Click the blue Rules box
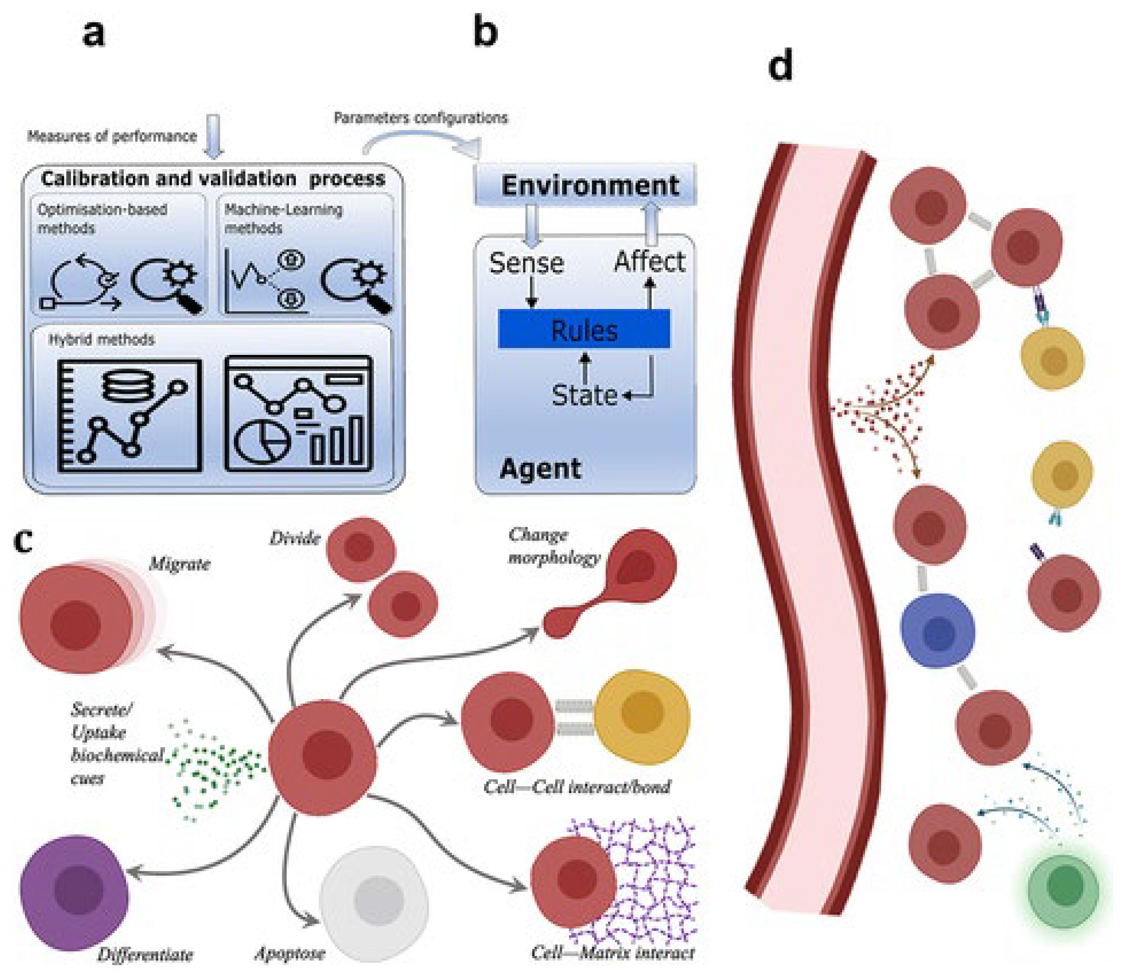pyautogui.click(x=584, y=329)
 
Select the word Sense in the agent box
pyautogui.click(x=526, y=263)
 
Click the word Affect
pyautogui.click(x=649, y=262)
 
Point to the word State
pyautogui.click(x=584, y=395)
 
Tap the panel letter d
pyautogui.click(x=780, y=66)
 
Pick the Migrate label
pyautogui.click(x=180, y=563)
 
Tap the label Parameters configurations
pyautogui.click(x=420, y=118)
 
